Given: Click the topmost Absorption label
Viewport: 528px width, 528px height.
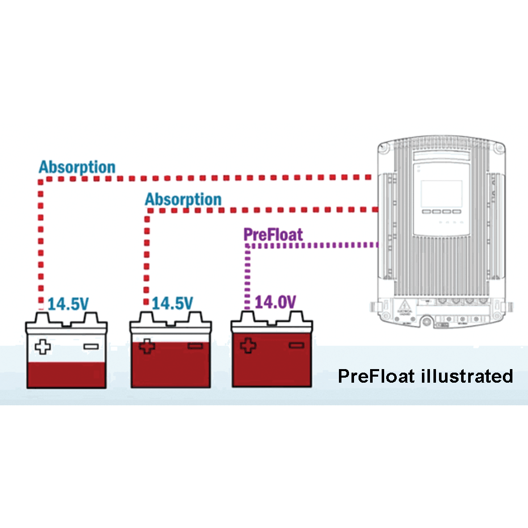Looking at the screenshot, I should (x=77, y=167).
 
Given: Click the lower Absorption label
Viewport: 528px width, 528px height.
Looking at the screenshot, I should (x=183, y=200).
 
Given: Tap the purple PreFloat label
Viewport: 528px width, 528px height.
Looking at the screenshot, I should (x=273, y=234).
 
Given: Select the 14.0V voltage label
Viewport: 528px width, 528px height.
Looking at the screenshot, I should (x=276, y=302).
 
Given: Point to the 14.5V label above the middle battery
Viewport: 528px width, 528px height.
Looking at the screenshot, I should (x=172, y=303).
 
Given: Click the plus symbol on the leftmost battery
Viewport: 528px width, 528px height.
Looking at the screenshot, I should (x=43, y=346).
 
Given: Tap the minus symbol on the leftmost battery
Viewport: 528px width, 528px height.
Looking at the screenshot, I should (x=91, y=346).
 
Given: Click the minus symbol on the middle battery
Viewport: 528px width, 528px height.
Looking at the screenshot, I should (x=195, y=346).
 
